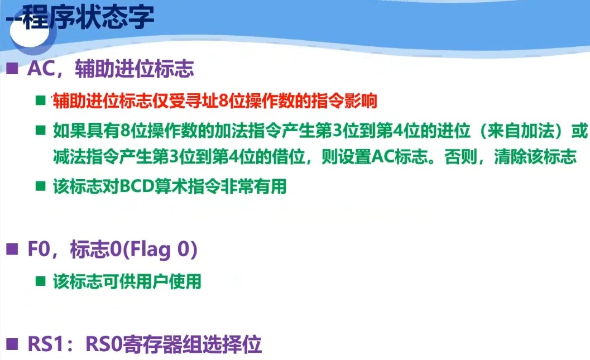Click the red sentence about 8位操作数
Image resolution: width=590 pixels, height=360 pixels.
215,102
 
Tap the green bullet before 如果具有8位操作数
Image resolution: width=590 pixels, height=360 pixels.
41,132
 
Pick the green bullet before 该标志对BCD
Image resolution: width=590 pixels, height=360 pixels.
41,186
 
